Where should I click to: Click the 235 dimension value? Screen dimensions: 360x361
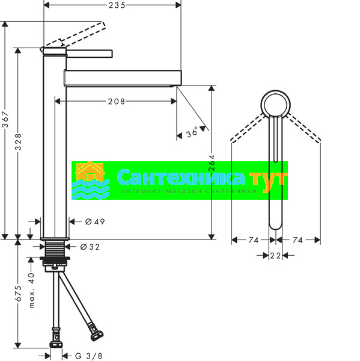point(117,5)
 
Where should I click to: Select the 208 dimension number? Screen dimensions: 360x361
point(117,101)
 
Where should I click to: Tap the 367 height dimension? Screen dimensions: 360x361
point(5,120)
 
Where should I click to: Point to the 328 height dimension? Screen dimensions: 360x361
point(18,142)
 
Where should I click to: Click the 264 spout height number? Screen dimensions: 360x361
point(212,163)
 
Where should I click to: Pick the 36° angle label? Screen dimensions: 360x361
point(192,132)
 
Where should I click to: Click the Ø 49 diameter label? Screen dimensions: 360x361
point(95,221)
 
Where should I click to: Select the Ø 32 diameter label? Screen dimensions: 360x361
point(90,247)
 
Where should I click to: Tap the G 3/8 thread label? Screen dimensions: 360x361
point(88,356)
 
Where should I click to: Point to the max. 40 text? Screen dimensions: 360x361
point(31,291)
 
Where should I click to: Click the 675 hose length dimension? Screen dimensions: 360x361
point(18,294)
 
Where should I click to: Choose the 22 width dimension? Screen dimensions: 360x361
point(275,256)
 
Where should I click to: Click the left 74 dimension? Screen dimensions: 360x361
point(254,240)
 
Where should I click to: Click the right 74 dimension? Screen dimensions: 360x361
point(297,240)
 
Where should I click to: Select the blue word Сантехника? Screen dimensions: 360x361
point(180,177)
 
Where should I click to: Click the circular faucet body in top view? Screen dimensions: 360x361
point(275,92)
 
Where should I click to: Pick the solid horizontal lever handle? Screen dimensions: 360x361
point(90,54)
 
